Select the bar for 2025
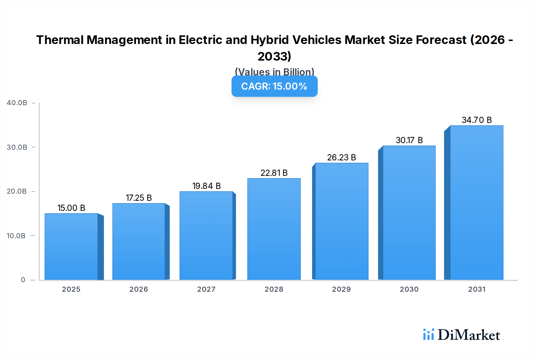point(71,247)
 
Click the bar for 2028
point(274,229)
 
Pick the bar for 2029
point(342,221)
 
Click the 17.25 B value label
point(139,198)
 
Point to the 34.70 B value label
point(476,120)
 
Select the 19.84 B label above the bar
point(206,186)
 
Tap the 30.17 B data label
point(409,140)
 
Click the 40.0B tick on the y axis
point(17,103)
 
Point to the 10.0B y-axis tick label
point(16,236)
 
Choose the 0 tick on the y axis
point(23,280)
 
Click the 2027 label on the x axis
point(206,289)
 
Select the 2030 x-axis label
point(409,289)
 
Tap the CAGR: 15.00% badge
point(274,86)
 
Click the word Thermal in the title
point(60,40)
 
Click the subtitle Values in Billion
point(274,72)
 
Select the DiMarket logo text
point(469,335)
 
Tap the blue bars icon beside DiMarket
point(428,334)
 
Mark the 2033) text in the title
point(274,56)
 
